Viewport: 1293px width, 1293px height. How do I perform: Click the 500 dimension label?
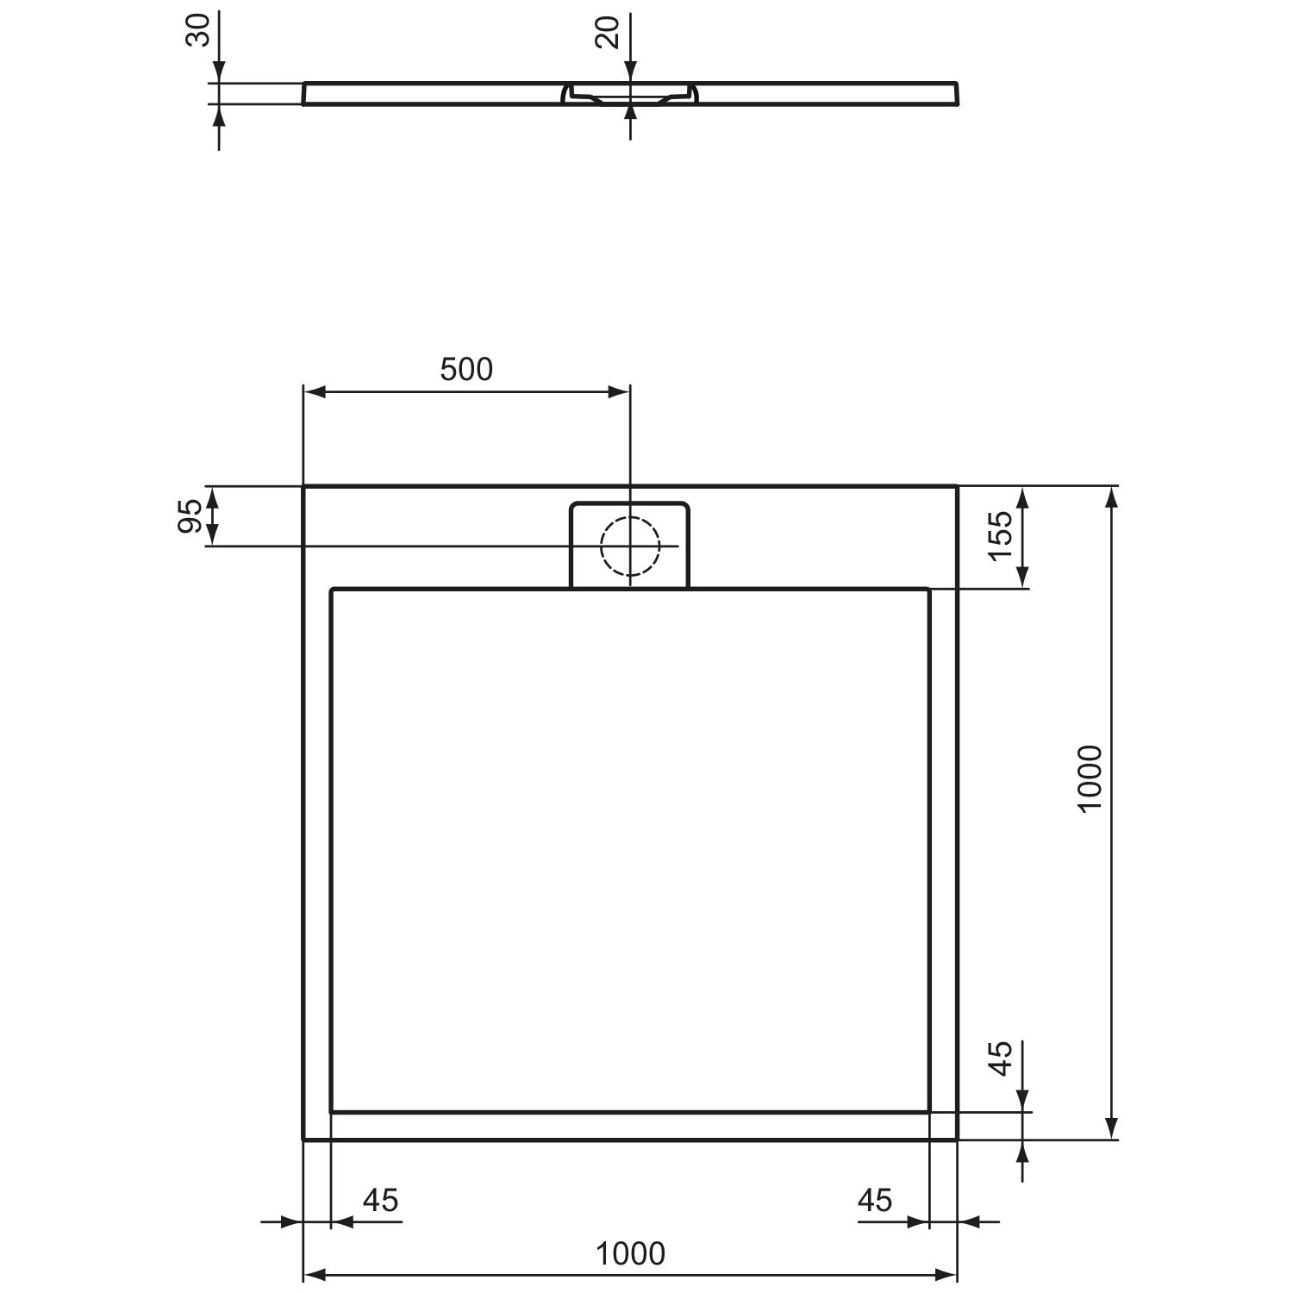coord(466,369)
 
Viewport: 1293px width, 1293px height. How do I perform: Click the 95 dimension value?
coord(191,516)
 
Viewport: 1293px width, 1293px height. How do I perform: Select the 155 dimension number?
coord(1000,534)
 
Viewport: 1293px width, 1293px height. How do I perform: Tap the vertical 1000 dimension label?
coord(1090,778)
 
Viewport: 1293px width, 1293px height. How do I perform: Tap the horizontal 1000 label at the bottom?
coord(631,1253)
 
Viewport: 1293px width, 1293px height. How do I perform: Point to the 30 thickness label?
coord(198,30)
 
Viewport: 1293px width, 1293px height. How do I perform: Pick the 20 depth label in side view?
coord(609,32)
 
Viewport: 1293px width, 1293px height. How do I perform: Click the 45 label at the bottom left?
coord(380,1199)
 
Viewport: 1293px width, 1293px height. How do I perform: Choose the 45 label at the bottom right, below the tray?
coord(875,1199)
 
